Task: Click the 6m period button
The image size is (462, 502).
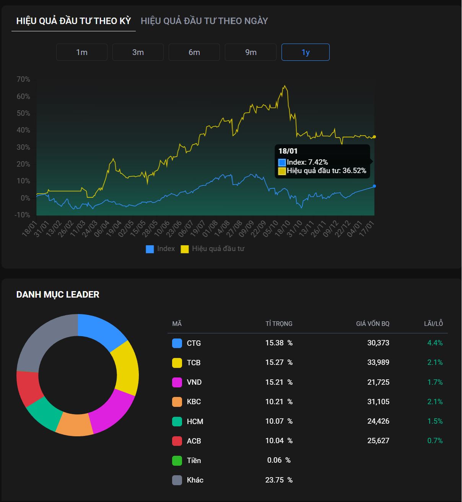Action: (x=194, y=52)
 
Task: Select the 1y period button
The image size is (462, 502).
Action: (x=305, y=52)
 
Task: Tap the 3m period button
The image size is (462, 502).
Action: (x=138, y=52)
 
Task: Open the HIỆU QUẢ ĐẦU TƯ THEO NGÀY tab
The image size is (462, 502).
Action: (x=204, y=21)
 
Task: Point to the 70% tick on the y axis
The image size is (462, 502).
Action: (x=23, y=79)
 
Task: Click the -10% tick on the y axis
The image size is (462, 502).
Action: (x=23, y=215)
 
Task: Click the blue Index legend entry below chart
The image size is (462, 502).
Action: (x=161, y=249)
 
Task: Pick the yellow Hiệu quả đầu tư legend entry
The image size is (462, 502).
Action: (x=213, y=249)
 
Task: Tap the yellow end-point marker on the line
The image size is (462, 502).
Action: (x=374, y=137)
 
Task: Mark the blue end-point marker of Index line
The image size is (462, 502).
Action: (x=374, y=186)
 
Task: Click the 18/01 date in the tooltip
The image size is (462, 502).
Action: (x=288, y=151)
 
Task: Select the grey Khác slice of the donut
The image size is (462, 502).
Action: (x=42, y=340)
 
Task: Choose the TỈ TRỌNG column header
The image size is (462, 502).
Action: (x=279, y=324)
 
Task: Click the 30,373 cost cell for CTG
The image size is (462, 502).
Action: (x=378, y=343)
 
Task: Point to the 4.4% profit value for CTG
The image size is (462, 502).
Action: (x=435, y=343)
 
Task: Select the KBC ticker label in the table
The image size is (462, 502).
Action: (x=194, y=402)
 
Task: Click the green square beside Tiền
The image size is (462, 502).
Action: (x=177, y=461)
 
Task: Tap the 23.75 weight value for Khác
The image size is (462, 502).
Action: (x=275, y=480)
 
